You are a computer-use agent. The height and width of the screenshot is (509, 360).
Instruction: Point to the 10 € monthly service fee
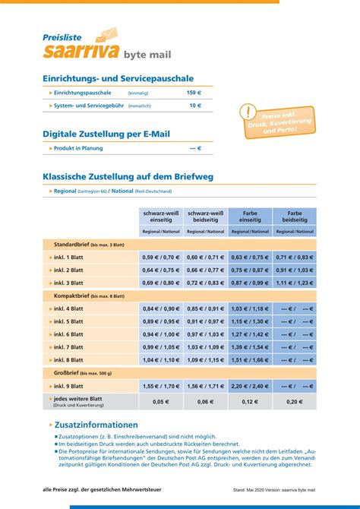point(195,106)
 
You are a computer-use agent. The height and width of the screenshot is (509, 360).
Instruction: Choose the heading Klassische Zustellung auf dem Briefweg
point(128,176)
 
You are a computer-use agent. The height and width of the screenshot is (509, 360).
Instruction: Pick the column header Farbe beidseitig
point(294,216)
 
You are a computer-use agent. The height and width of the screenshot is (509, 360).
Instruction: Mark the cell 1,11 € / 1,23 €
point(294,283)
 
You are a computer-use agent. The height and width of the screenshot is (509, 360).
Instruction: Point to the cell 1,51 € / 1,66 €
point(250,360)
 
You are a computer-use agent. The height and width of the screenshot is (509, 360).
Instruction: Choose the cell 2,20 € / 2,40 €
point(250,386)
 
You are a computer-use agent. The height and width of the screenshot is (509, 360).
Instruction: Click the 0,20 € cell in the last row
point(294,401)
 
